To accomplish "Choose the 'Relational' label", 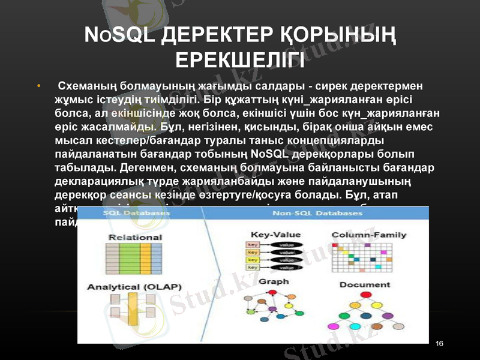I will (x=135, y=237).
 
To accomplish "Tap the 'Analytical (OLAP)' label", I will (x=135, y=287).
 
